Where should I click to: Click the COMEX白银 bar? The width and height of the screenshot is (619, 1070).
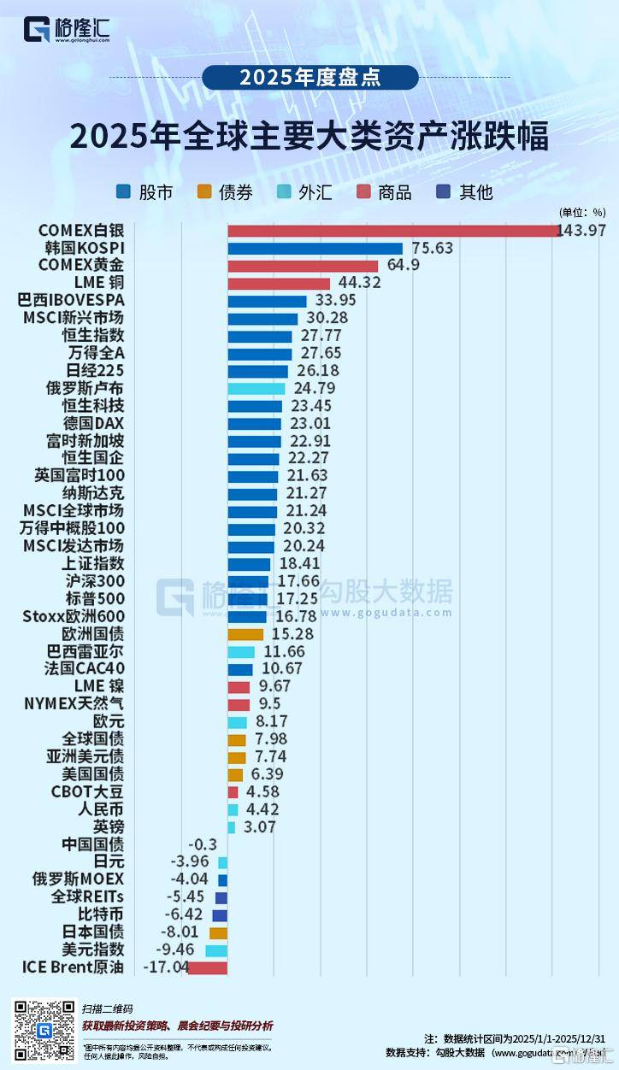coord(393,231)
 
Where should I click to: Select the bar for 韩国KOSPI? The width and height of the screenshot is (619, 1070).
coord(315,249)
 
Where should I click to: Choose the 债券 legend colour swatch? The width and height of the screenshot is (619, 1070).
coord(204,192)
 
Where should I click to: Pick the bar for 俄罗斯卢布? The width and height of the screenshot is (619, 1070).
coord(256,389)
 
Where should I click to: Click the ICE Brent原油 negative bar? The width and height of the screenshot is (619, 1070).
coord(207,967)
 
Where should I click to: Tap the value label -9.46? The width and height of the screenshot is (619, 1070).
coord(181,949)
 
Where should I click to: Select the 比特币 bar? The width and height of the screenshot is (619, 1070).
coord(220,915)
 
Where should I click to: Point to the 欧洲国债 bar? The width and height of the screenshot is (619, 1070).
coord(245,634)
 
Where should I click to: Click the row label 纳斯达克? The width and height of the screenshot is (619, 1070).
coord(93,494)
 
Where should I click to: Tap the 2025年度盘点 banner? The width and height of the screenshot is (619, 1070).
coord(310,78)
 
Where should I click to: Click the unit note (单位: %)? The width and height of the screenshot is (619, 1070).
coord(582,213)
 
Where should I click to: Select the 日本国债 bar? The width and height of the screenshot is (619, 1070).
coord(218,932)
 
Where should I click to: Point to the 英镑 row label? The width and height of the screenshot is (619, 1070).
coord(109,827)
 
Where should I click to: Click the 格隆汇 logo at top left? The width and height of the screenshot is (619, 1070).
coord(68,29)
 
